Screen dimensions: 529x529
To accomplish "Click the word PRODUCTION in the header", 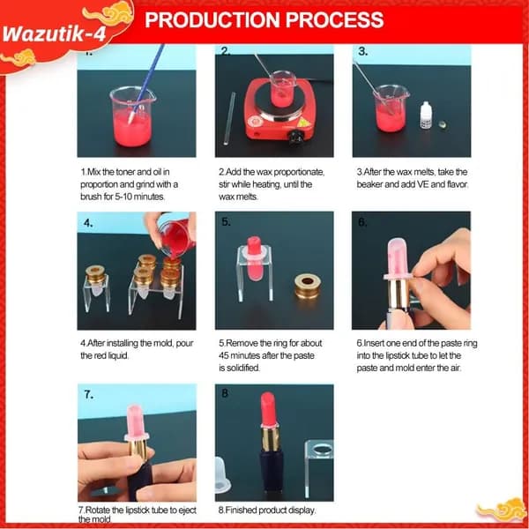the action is coord(212,19).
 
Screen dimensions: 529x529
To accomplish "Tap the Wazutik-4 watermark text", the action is coord(54,34).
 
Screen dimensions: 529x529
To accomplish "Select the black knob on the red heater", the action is coord(296,137).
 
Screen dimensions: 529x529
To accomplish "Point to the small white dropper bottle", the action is coord(427,115).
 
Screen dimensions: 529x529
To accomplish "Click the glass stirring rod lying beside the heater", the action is coord(229,118).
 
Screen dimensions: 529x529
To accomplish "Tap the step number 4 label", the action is coord(88,223).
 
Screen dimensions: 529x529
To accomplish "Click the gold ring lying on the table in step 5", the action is coord(308,287).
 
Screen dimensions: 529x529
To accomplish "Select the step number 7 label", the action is coord(89,394).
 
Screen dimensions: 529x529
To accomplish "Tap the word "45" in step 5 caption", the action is coord(223,355).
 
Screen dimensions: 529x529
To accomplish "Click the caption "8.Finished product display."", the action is coord(267,510).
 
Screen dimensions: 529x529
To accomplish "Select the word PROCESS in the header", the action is coord(335,19).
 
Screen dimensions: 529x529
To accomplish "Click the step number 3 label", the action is coord(363,52).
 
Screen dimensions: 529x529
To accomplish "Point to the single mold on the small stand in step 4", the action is coord(95,280).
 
